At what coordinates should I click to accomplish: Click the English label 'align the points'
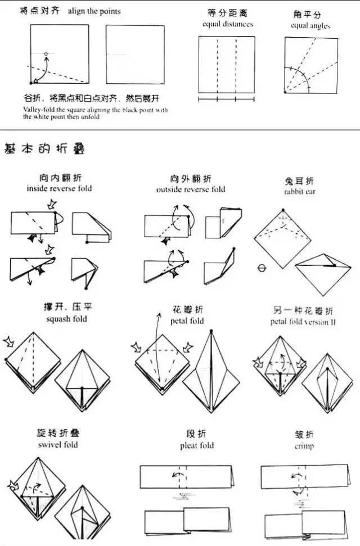[x=94, y=11]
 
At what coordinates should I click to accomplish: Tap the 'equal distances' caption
[x=228, y=24]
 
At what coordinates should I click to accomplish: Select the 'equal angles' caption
[x=310, y=26]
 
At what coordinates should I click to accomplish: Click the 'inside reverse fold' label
[x=59, y=188]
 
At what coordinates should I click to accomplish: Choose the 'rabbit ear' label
[x=299, y=192]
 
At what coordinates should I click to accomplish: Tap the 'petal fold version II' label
[x=303, y=322]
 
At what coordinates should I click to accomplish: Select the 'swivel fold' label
[x=59, y=445]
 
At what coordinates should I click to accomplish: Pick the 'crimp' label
[x=304, y=446]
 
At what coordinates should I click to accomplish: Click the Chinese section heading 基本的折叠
[x=45, y=149]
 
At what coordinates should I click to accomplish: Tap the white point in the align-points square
[x=46, y=54]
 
